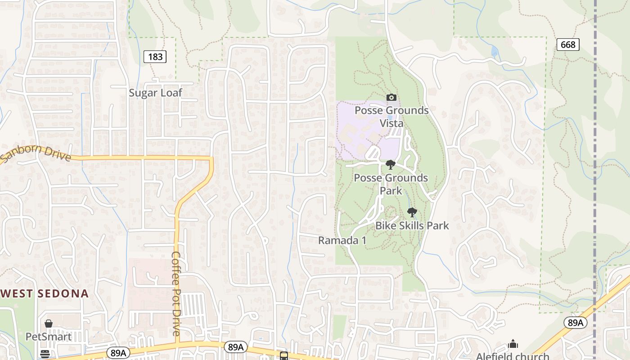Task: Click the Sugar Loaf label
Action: point(155,93)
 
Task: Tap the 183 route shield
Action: point(155,57)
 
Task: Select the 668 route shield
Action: point(568,45)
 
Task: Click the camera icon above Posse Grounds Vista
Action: point(391,97)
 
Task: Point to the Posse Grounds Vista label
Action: point(391,117)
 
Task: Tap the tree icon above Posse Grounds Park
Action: point(390,164)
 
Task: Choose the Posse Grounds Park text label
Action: point(391,184)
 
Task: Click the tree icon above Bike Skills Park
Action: point(411,212)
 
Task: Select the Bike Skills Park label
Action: point(412,225)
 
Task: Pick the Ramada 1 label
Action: point(342,240)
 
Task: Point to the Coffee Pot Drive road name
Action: point(176,293)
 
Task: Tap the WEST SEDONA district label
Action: point(45,294)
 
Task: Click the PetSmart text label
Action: point(48,337)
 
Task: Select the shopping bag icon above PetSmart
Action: point(48,324)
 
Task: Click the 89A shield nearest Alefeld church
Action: point(575,323)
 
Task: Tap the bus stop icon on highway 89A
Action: point(284,356)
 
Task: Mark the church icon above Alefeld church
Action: point(513,344)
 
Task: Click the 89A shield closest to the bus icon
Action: point(236,347)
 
